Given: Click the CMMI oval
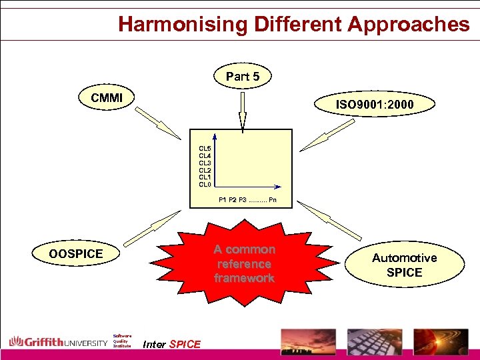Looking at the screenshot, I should coord(107,98).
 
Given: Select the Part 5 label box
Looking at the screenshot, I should coord(243,77).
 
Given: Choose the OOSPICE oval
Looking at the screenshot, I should coord(76,254).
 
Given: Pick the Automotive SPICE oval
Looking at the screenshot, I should coord(405,265).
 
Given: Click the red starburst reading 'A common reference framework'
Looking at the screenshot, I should coord(244,263).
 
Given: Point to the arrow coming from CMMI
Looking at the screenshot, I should coord(158,125).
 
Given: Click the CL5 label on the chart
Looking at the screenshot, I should coord(205,148).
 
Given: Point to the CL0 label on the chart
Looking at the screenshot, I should coord(205,185).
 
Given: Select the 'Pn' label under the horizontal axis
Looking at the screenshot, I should coord(273,199).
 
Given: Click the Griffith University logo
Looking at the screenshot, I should coord(58,343).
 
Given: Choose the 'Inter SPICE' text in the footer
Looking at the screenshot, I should coord(172,344).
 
